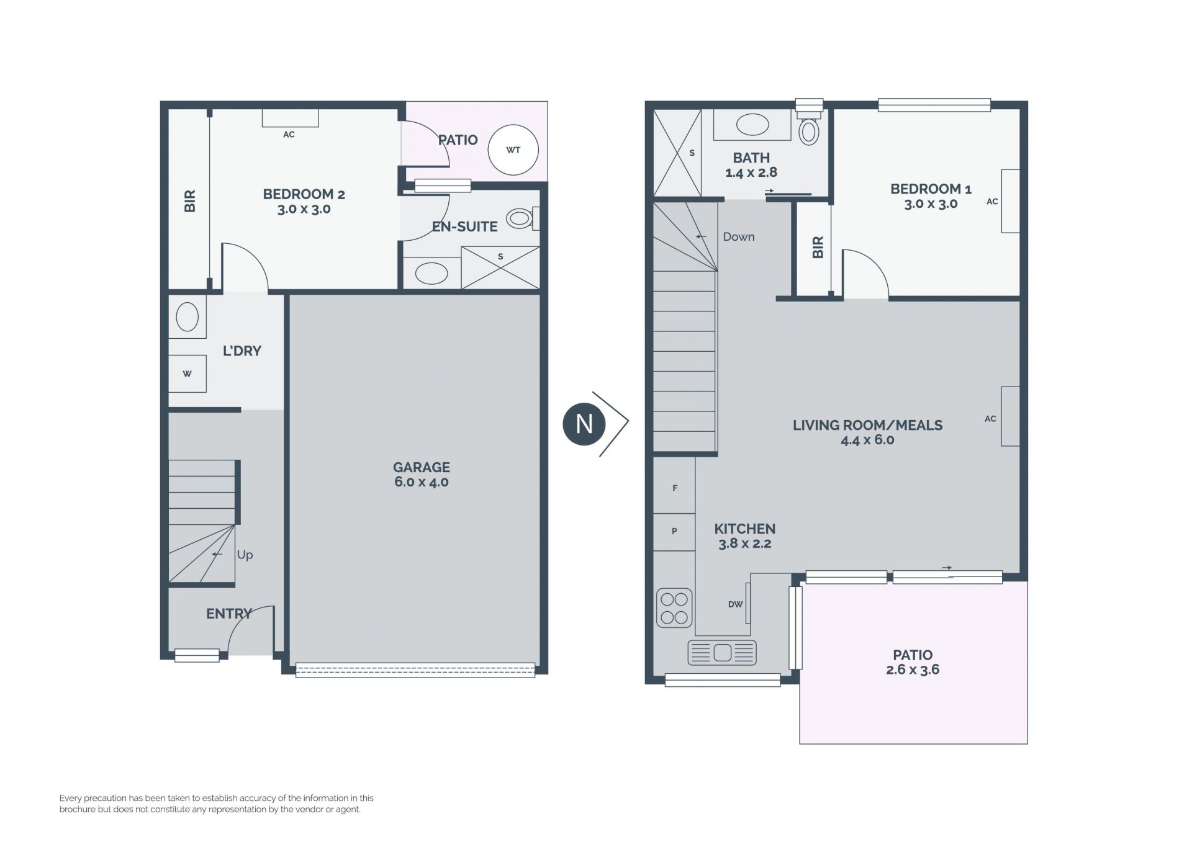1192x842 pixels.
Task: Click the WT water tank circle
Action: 513,150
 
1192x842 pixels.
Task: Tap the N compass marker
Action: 584,424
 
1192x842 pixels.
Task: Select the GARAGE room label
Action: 422,467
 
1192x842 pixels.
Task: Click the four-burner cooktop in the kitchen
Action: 674,608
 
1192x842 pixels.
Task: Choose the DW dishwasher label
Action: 735,604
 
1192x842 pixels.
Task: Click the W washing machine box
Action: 187,374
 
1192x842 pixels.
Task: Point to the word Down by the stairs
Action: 739,237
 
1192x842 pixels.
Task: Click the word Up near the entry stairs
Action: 245,555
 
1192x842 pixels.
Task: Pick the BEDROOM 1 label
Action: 931,189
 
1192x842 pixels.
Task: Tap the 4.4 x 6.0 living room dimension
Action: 867,440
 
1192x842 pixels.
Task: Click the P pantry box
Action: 674,532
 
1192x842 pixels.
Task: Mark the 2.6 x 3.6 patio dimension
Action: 913,670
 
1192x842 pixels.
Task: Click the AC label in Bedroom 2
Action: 289,135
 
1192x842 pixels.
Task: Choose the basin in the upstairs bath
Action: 752,124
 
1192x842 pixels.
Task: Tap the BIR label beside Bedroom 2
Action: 190,201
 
